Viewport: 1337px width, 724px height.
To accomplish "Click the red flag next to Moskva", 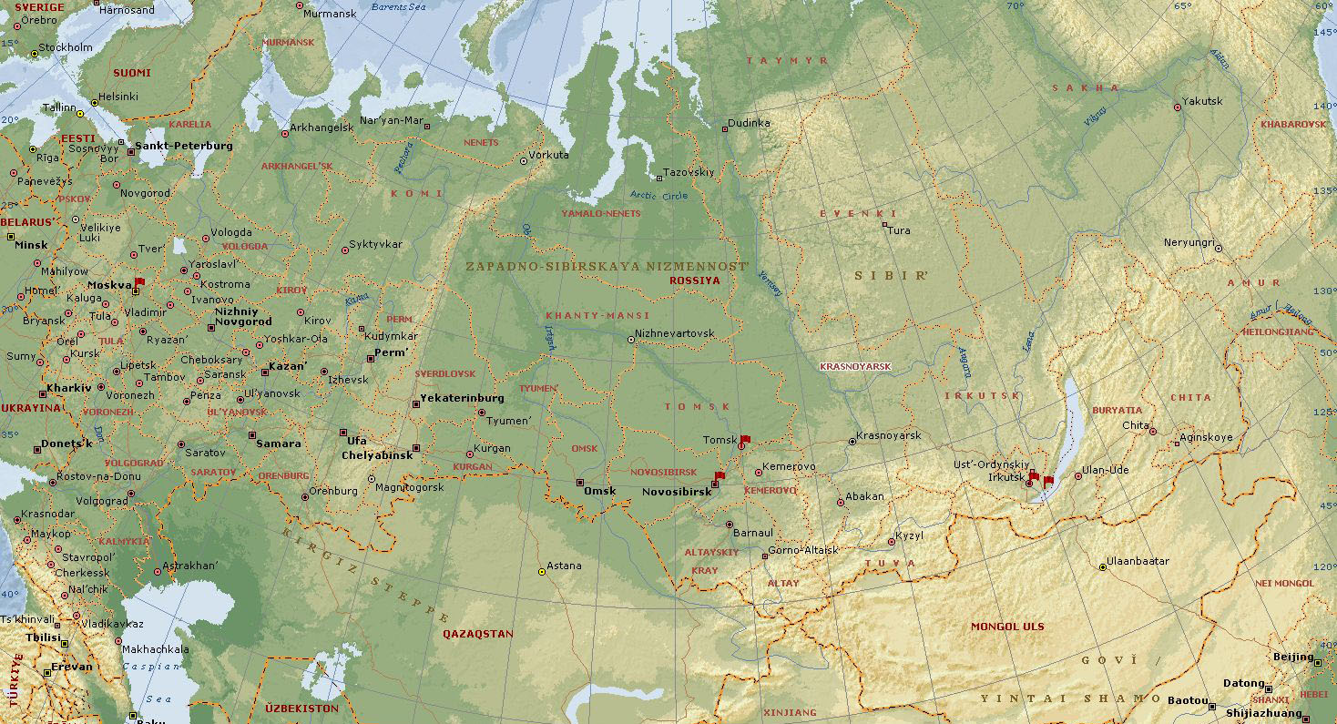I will click(x=139, y=283).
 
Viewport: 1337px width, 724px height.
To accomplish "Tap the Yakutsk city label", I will click(x=1202, y=101).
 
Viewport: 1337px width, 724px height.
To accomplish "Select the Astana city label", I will click(x=564, y=566).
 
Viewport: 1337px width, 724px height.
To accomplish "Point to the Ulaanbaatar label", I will click(x=1138, y=561).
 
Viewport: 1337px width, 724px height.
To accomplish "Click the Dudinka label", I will click(x=750, y=123).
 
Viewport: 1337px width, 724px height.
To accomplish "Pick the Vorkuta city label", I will click(x=549, y=155).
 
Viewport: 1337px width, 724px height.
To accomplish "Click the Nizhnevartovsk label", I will click(x=675, y=333).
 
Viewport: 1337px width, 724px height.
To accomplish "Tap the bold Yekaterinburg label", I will click(x=462, y=399).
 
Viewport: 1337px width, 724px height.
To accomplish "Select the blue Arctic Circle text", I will click(x=659, y=195).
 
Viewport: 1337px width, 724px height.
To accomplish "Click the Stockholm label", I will click(x=66, y=47).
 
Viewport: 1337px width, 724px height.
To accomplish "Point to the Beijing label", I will click(x=1292, y=657).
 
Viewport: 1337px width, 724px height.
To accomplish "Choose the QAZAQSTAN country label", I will click(x=478, y=634).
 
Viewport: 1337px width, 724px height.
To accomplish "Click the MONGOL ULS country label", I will click(x=1007, y=627).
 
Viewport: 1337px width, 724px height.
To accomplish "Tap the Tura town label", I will click(x=899, y=230).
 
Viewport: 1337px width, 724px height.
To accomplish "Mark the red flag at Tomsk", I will click(x=745, y=440).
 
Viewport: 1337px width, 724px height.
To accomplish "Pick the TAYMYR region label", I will click(x=787, y=61).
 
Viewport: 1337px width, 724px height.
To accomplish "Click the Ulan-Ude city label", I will click(x=1104, y=470).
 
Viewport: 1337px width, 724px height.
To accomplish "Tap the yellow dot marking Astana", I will click(x=542, y=572).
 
